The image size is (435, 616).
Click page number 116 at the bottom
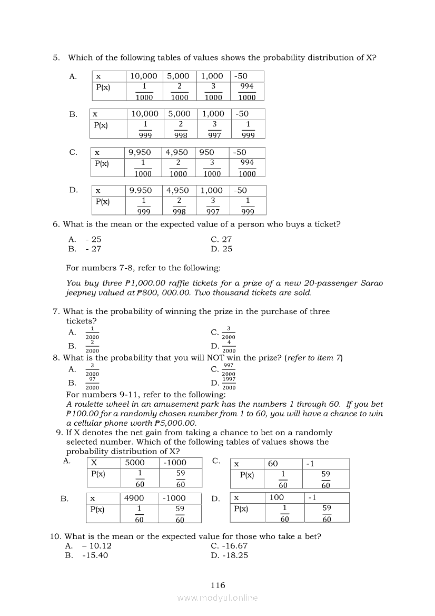coord(217,585)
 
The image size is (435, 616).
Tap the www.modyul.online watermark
coord(217,598)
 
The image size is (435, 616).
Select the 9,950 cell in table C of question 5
coord(140,152)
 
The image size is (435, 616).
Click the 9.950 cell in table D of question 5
coord(141,190)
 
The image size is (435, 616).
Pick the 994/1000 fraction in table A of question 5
coord(246,91)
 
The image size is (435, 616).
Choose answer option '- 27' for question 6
coord(93,249)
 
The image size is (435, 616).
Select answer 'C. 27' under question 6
coord(221,239)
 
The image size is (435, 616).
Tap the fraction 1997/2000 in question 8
coord(229,383)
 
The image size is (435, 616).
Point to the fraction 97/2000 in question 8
coord(92,383)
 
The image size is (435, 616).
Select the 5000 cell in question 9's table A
coord(134,463)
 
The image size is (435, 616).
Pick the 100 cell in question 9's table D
coord(276,497)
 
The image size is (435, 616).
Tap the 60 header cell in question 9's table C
coord(273,464)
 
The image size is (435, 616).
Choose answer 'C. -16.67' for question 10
coord(229,546)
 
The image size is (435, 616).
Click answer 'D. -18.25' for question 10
coord(229,555)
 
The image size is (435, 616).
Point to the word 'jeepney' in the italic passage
coord(81,292)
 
